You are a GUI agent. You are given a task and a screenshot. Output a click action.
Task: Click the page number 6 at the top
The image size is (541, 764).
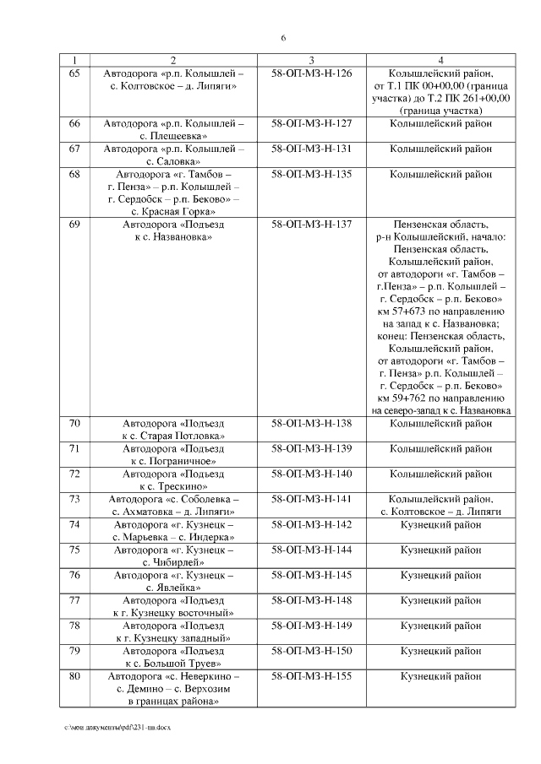point(283,38)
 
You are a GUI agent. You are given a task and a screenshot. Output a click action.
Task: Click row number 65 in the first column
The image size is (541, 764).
point(74,73)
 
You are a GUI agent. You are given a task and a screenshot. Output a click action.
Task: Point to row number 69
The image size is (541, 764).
point(74,225)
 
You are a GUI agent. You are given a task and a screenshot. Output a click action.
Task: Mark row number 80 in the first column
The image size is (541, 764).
point(74,676)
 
